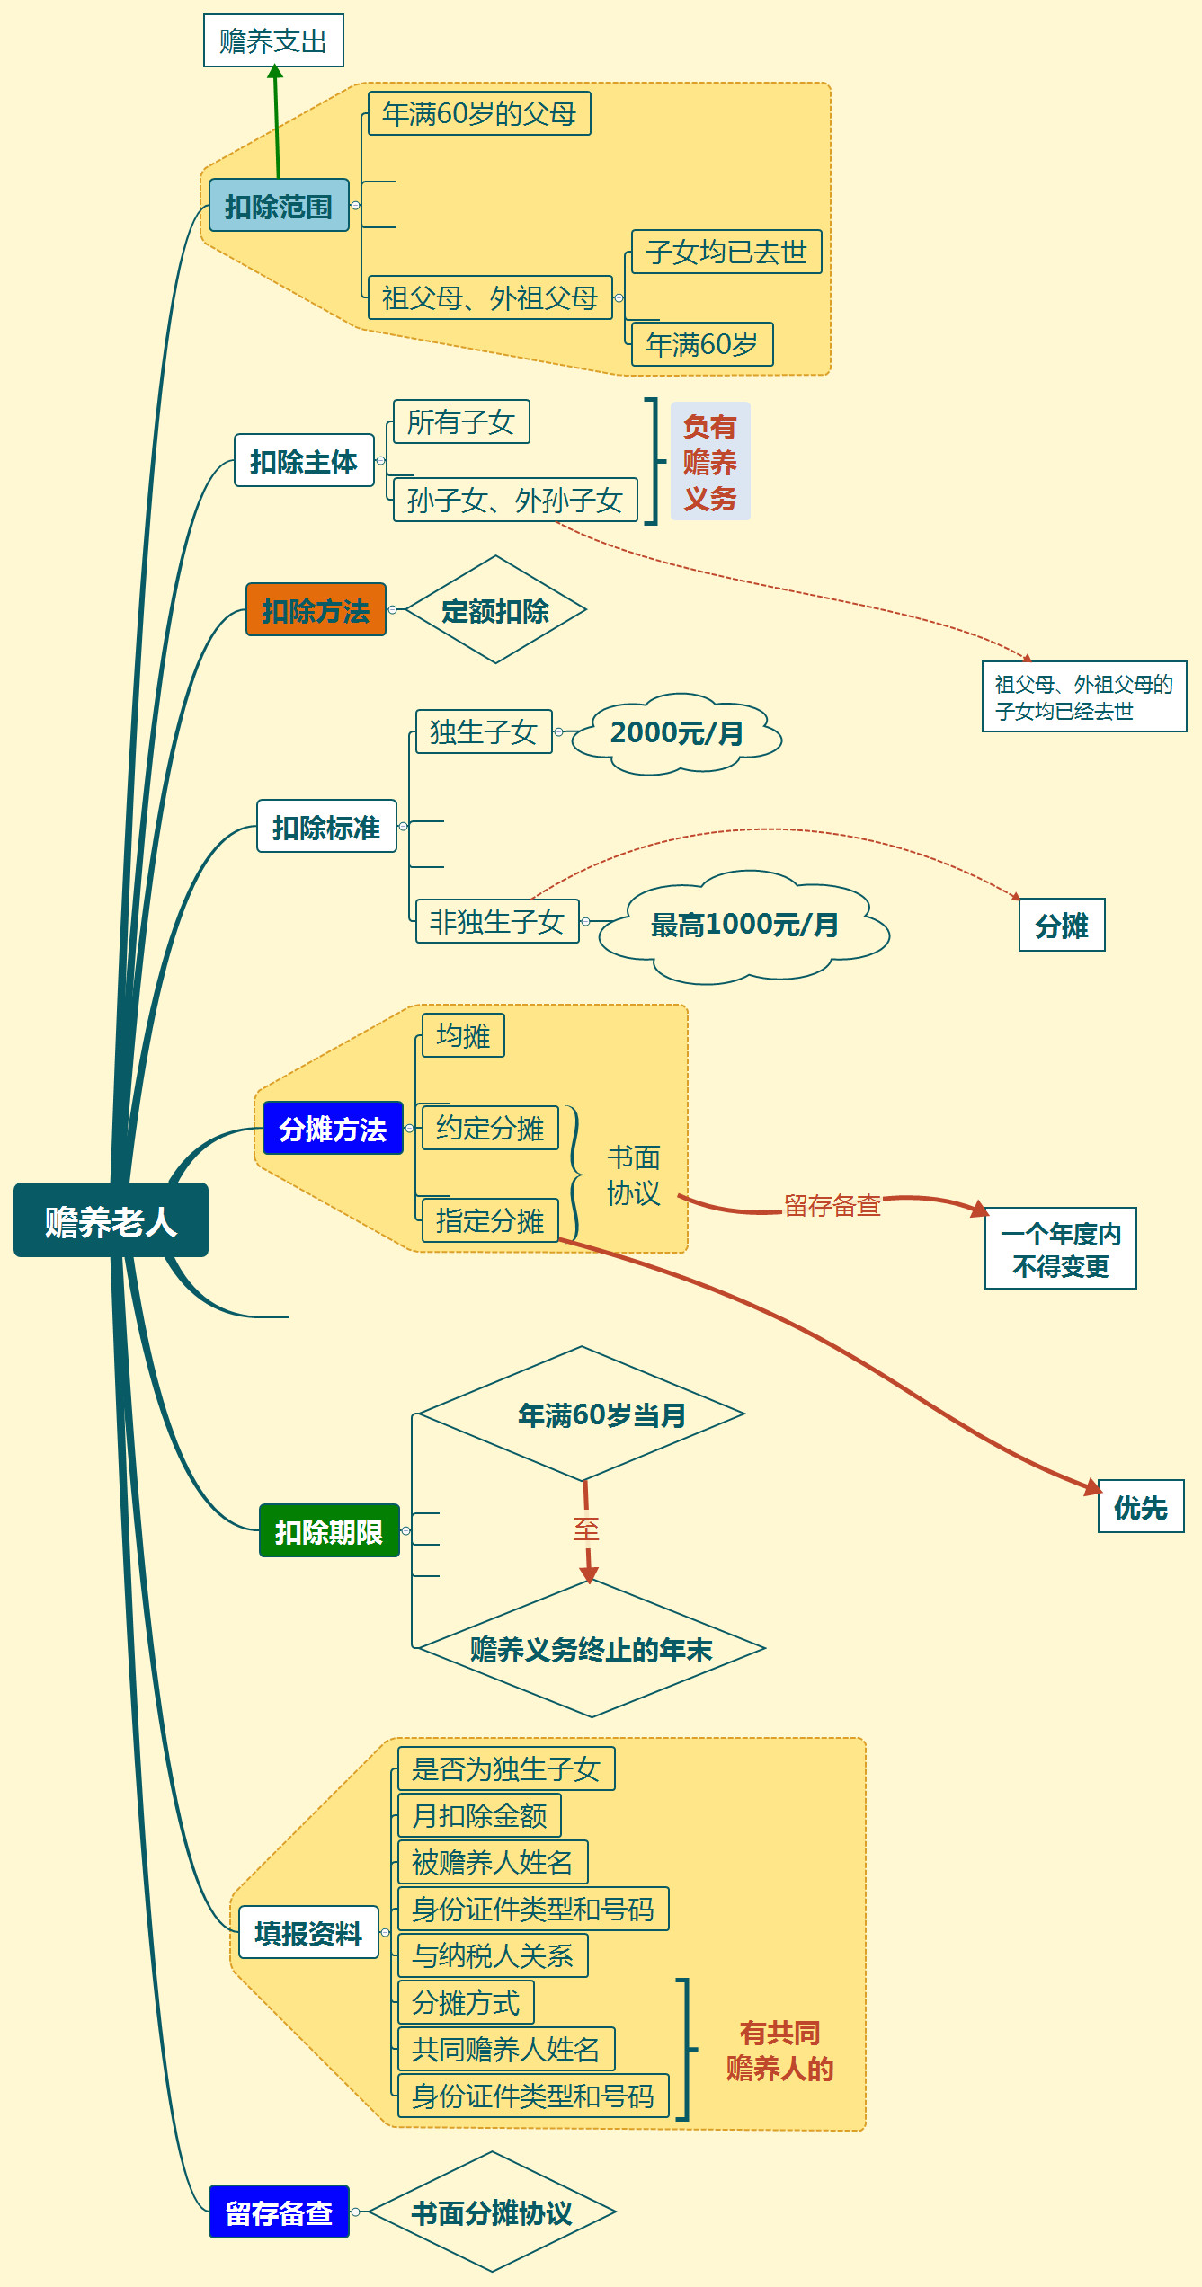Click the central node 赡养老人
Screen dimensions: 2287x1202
111,1220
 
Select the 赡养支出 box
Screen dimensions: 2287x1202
273,40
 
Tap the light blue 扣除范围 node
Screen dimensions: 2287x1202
279,206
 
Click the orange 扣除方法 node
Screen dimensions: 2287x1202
316,610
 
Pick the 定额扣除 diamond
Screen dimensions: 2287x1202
495,610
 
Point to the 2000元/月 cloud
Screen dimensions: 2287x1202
677,733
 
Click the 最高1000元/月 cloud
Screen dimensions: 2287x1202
744,925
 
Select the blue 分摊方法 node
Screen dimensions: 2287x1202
333,1128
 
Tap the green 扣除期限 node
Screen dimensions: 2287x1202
329,1530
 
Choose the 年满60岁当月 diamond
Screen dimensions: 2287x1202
601,1414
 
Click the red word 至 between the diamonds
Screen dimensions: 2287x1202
586,1529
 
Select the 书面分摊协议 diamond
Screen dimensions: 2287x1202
492,2212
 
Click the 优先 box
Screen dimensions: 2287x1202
1141,1507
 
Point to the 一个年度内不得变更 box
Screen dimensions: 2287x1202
1061,1249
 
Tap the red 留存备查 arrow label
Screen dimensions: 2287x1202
832,1205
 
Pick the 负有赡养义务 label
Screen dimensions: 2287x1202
710,462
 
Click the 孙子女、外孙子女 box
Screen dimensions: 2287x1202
515,500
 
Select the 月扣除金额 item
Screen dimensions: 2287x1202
479,1815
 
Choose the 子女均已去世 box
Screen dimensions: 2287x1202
726,252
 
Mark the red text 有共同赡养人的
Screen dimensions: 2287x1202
779,2051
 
